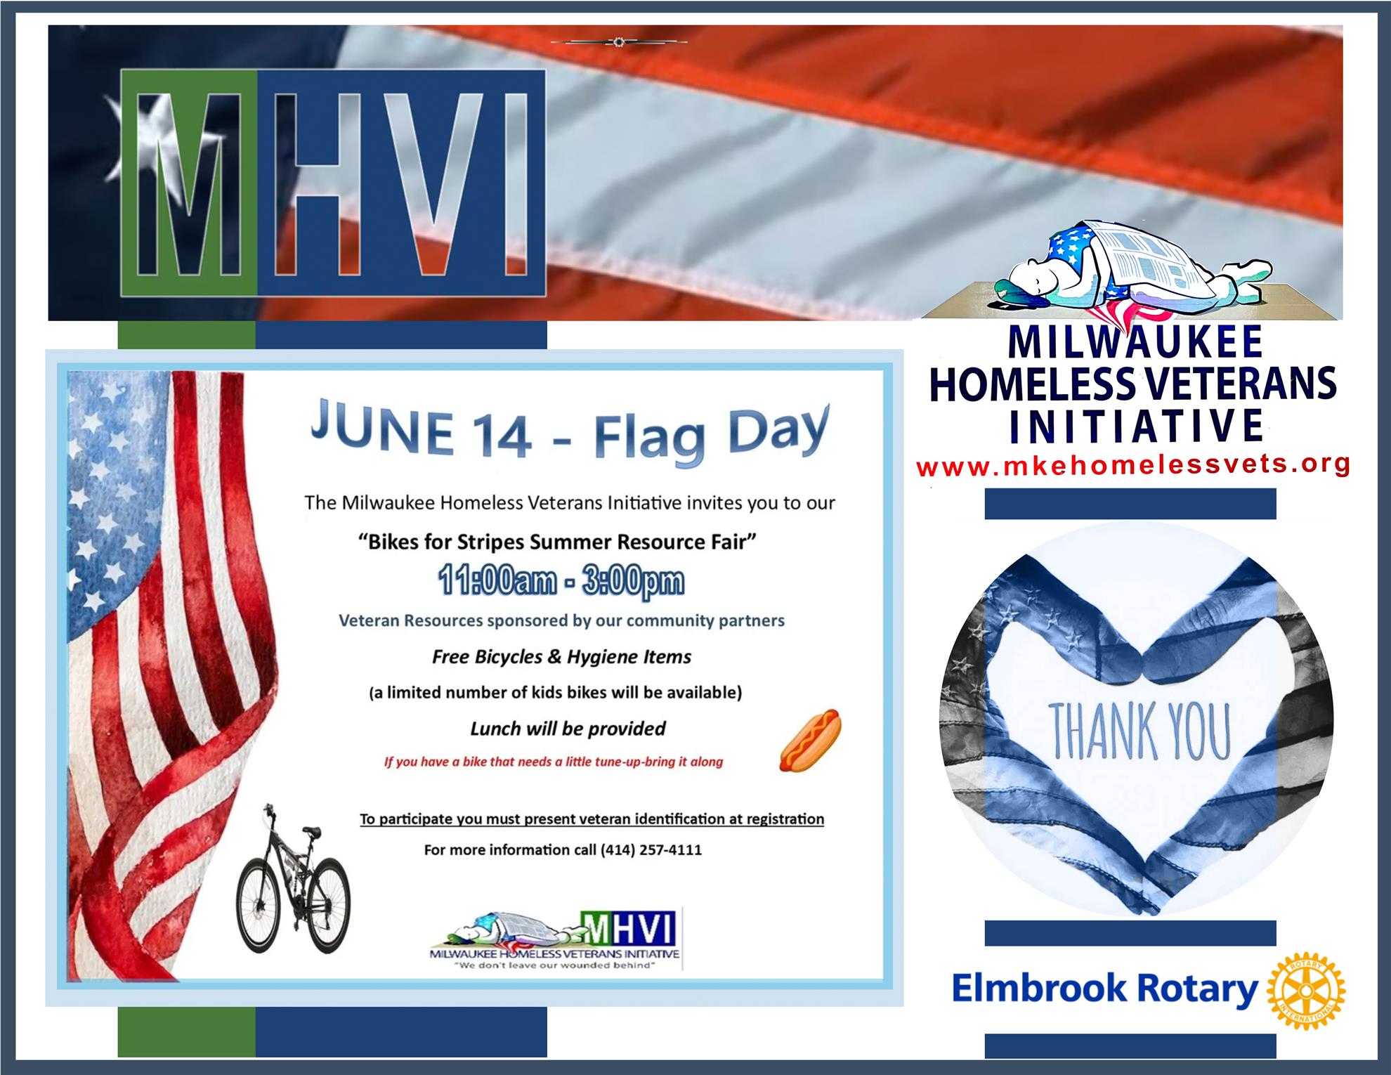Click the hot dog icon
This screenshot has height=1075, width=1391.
(810, 741)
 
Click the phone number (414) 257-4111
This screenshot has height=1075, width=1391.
(651, 850)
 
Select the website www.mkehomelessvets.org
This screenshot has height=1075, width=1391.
(1132, 464)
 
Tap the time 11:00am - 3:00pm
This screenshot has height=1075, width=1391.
(560, 582)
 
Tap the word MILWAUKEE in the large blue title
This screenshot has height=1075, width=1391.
(1135, 342)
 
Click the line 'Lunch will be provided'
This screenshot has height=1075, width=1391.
(568, 729)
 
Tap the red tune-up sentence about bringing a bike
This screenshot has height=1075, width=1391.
(553, 762)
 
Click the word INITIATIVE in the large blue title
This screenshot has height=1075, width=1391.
(1136, 425)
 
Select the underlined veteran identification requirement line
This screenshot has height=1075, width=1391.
(592, 819)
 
